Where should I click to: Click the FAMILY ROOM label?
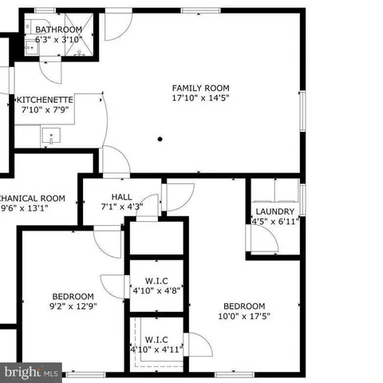(201, 88)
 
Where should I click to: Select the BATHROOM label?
(59, 30)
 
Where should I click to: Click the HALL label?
(122, 197)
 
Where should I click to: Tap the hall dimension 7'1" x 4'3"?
(122, 207)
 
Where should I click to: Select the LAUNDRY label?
(274, 212)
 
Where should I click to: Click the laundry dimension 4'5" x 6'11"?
(274, 223)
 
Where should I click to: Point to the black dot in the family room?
(160, 138)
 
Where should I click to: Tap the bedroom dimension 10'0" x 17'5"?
(244, 317)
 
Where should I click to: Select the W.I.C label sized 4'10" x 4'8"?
(156, 280)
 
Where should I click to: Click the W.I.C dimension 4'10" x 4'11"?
(156, 349)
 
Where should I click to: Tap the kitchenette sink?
(50, 137)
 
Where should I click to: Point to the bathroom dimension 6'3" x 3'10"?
(59, 39)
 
